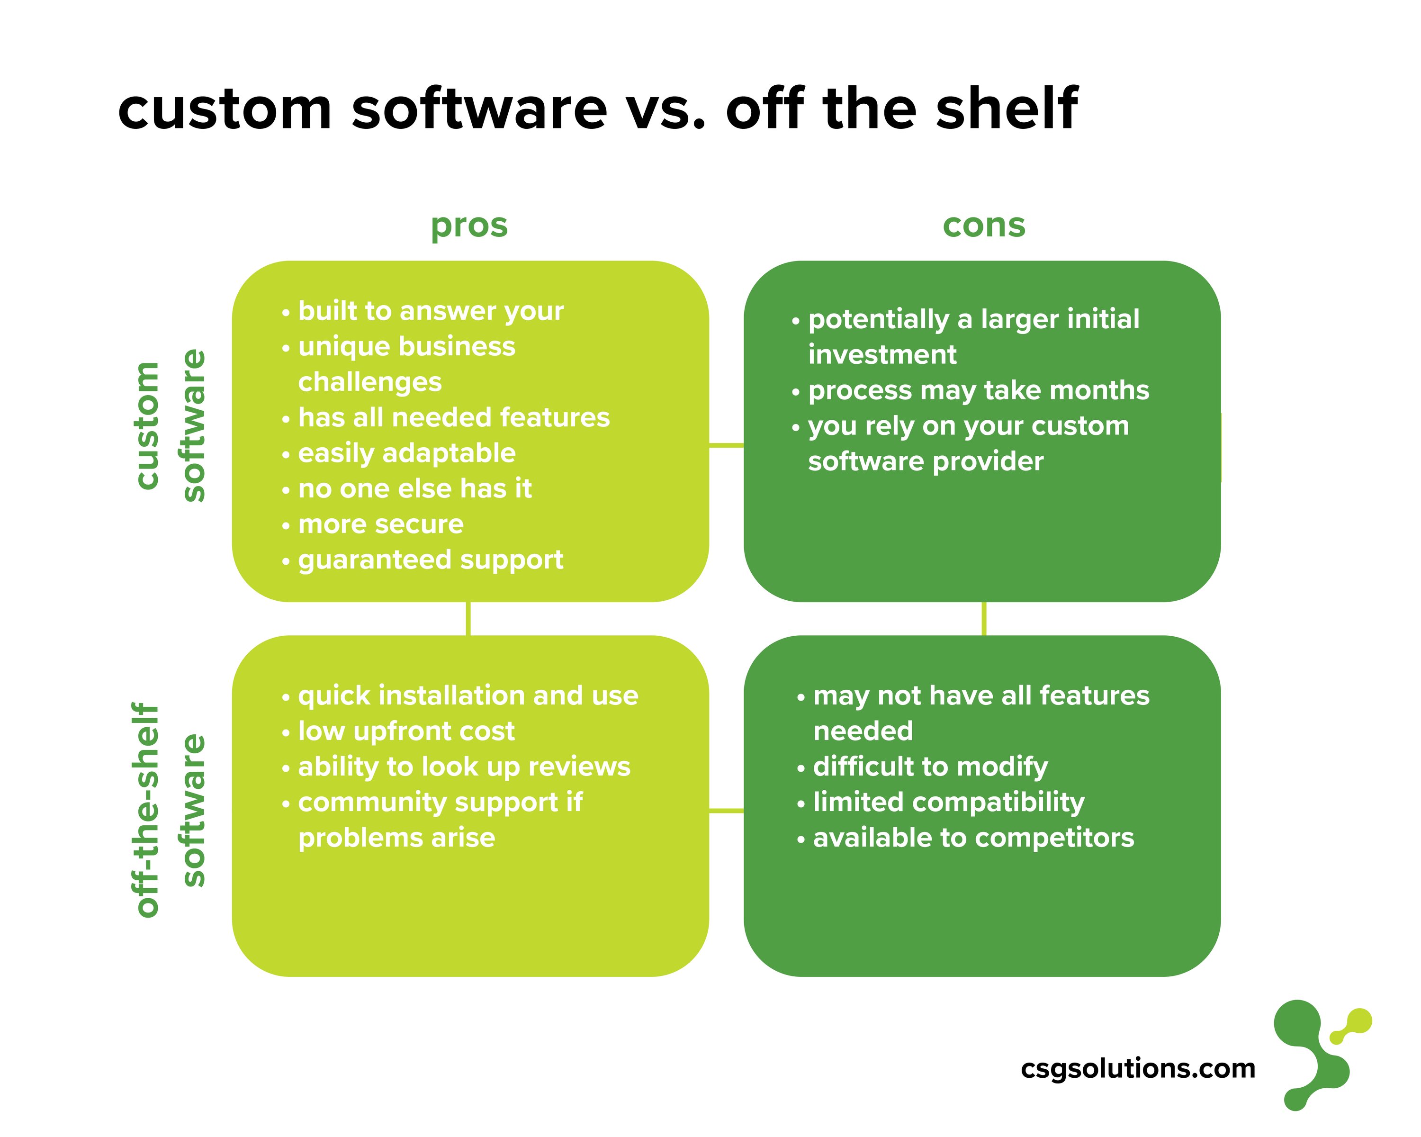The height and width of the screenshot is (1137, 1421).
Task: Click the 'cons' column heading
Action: pyautogui.click(x=983, y=226)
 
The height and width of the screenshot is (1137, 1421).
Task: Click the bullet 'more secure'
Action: pyautogui.click(x=380, y=524)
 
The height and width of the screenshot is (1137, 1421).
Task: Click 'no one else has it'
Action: pyautogui.click(x=414, y=489)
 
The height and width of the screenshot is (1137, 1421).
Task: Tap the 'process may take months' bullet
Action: pyautogui.click(x=978, y=390)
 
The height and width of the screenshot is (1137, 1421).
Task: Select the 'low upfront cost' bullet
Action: pyautogui.click(x=406, y=731)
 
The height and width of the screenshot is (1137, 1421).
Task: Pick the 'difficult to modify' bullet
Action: pyautogui.click(x=930, y=767)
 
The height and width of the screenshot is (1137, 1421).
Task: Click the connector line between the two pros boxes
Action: pyautogui.click(x=468, y=619)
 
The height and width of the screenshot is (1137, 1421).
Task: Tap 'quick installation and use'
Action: pyautogui.click(x=468, y=696)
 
